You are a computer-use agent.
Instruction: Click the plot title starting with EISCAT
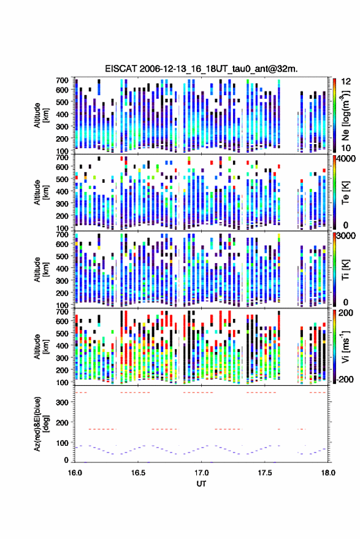click(x=202, y=69)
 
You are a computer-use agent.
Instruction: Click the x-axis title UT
click(x=201, y=484)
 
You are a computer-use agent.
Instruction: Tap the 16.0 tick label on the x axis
click(x=75, y=473)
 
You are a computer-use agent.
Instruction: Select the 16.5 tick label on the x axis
click(x=138, y=473)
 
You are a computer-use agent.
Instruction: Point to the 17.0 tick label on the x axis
click(x=201, y=473)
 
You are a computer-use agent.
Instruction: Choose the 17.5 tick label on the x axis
click(x=264, y=473)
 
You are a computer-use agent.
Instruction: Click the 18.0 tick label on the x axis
click(x=328, y=473)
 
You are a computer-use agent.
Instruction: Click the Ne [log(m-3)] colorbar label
click(x=345, y=115)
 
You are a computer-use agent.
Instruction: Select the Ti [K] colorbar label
click(x=345, y=270)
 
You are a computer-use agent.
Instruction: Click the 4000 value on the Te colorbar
click(x=347, y=159)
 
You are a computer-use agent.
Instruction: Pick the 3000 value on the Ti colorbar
click(x=347, y=236)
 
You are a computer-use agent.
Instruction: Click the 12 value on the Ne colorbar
click(x=346, y=82)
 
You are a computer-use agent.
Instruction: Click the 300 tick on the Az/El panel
click(x=62, y=402)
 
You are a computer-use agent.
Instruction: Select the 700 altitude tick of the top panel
click(x=62, y=80)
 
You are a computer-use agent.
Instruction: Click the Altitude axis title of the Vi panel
click(x=40, y=346)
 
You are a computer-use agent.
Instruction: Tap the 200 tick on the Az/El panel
click(x=62, y=422)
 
